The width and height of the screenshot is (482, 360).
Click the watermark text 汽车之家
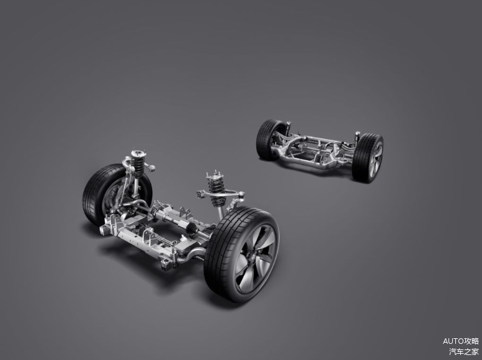pyautogui.click(x=463, y=351)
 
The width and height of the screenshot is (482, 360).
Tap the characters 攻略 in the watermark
pyautogui.click(x=471, y=341)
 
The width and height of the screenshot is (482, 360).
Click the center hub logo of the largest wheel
pyautogui.click(x=251, y=258)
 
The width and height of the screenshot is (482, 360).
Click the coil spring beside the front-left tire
pyautogui.click(x=138, y=166)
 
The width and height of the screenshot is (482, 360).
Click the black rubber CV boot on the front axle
pyautogui.click(x=191, y=228)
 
